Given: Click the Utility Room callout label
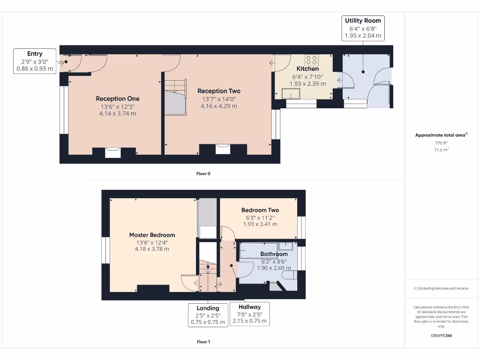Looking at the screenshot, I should pos(363,28).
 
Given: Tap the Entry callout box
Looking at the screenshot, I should pos(35,61).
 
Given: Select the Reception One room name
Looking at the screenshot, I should pos(118,98).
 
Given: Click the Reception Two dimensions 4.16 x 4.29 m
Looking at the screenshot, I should pos(218,106).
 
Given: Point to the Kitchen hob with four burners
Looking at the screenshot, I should pos(311,60).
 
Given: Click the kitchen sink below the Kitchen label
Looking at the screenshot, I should pos(291,94).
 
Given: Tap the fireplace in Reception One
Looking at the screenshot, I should pos(113,152).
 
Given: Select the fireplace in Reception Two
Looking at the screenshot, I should pos(223,149).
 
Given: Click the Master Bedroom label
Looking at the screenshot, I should pos(152,235).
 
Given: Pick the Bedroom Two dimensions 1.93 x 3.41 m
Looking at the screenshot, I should pos(260,224).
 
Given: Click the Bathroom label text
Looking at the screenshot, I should pos(274,254).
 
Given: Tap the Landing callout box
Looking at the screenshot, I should pos(208,315).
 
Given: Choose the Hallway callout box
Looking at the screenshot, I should pos(249,314).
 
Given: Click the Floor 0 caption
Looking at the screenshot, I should pos(203,173).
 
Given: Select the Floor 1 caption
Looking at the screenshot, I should pos(203,342).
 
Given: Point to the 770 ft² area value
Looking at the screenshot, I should pos(441,143).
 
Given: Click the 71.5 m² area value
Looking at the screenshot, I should pos(441,150).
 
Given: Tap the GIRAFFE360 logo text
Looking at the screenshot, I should pos(441,336).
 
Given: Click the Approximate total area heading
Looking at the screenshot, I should pos(441,135).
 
